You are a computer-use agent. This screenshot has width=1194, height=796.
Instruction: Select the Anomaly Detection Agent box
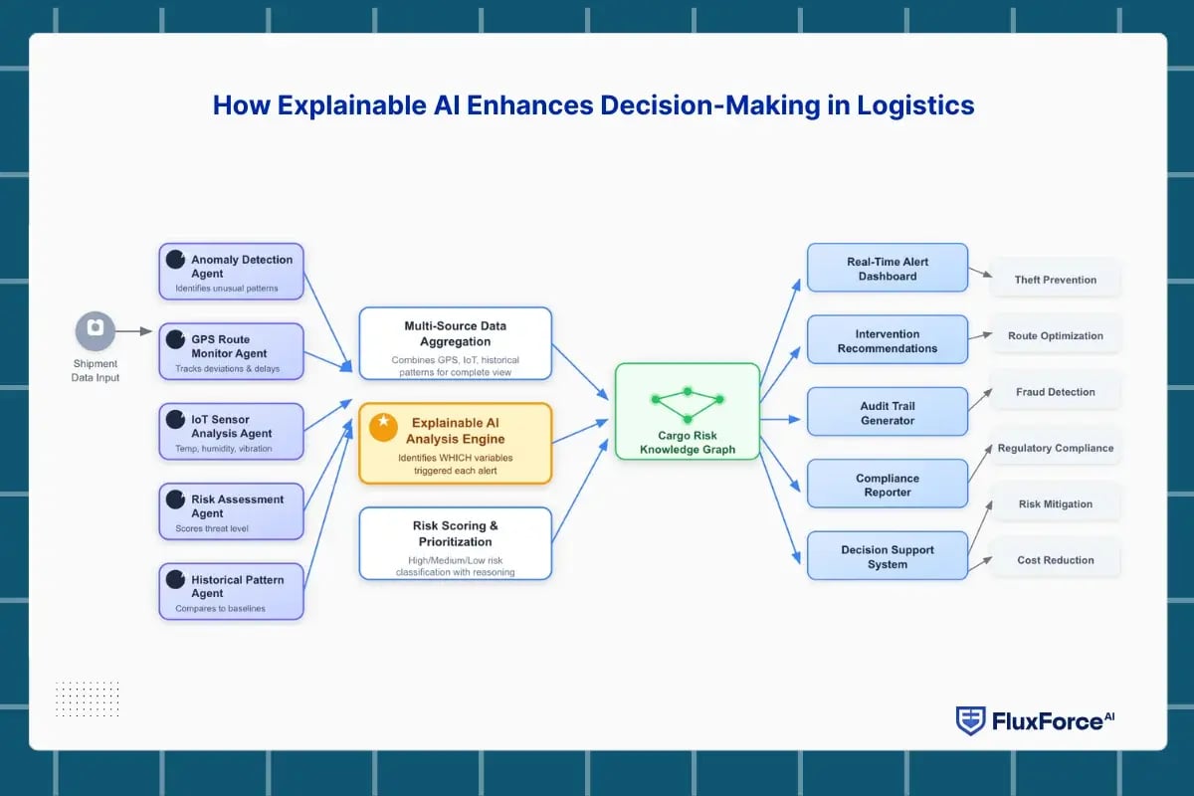click(x=232, y=271)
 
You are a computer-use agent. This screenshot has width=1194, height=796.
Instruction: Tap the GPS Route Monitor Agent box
click(x=232, y=350)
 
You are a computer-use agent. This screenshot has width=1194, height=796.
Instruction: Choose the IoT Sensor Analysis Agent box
click(x=232, y=431)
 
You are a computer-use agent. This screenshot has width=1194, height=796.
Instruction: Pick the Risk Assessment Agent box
click(x=232, y=511)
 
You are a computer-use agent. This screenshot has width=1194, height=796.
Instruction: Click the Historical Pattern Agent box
click(x=232, y=591)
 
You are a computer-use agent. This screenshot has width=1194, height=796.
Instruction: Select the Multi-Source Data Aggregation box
click(x=455, y=343)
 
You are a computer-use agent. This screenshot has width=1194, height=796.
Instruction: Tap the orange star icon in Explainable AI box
click(x=383, y=427)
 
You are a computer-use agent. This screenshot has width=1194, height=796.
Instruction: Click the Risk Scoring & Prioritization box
click(x=455, y=543)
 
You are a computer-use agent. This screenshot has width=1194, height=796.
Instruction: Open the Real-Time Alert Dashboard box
click(x=887, y=268)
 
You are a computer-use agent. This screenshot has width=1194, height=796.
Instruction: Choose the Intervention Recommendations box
click(x=887, y=340)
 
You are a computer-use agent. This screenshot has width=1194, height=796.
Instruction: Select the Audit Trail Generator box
click(x=887, y=412)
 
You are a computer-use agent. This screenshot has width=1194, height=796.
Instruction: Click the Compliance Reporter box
click(x=887, y=485)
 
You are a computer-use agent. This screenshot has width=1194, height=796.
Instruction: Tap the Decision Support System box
click(x=887, y=556)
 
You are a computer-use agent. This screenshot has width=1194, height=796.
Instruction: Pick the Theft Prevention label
click(x=1055, y=280)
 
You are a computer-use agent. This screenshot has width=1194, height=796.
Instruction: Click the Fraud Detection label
click(x=1055, y=392)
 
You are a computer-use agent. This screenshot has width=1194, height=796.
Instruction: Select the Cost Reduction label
click(x=1055, y=560)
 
